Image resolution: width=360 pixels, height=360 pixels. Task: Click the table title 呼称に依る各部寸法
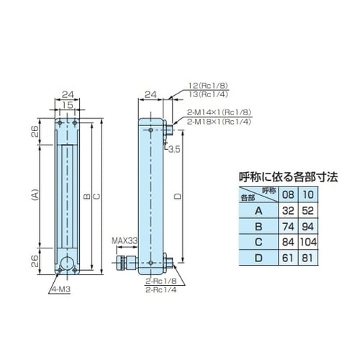[x=287, y=175]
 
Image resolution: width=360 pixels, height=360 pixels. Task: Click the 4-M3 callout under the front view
[x=60, y=289]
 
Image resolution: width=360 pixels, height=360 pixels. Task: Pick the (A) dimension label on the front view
[x=35, y=194]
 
